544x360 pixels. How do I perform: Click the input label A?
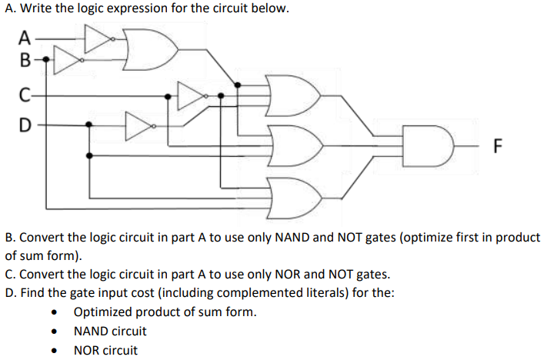point(25,36)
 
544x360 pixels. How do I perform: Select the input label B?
point(25,58)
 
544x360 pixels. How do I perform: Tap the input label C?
point(25,97)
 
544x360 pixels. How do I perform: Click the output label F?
point(497,145)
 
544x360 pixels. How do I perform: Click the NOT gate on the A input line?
point(95,38)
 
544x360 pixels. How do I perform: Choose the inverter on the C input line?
point(191,96)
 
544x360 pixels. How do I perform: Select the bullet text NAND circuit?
point(110,332)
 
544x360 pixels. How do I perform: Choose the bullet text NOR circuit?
point(106,350)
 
